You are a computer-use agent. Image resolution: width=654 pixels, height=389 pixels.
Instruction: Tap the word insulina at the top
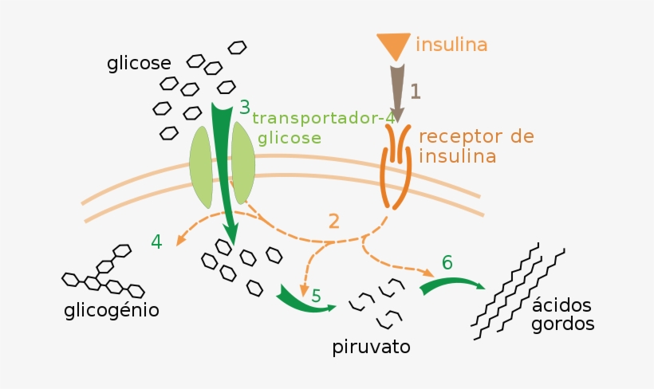(451, 44)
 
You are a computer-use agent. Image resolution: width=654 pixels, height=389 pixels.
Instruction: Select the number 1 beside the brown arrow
(415, 91)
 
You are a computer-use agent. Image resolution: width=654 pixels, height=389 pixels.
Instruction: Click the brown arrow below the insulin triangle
(397, 89)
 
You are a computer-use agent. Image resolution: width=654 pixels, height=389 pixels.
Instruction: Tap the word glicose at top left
(140, 64)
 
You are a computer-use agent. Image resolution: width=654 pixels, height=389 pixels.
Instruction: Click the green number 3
(244, 106)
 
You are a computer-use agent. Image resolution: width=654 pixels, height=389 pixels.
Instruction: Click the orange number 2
(334, 222)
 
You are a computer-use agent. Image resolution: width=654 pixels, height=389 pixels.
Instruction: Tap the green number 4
(156, 241)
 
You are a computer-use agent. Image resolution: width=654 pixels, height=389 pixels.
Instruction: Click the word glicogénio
(112, 309)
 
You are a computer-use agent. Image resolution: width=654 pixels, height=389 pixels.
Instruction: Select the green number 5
(317, 297)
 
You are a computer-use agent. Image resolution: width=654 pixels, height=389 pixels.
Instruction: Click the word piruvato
(371, 348)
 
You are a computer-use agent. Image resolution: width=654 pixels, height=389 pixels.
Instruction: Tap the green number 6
(447, 262)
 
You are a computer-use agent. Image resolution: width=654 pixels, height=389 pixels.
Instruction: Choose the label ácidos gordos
(562, 316)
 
